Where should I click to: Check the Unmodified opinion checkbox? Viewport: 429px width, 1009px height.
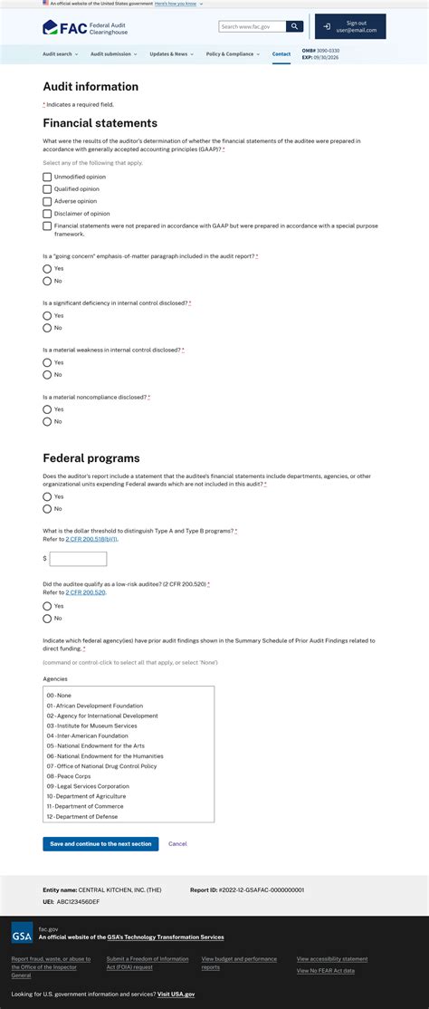pos(47,177)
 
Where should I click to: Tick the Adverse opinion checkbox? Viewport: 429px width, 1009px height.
pos(47,201)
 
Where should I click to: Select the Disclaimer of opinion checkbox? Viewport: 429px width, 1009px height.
pos(47,214)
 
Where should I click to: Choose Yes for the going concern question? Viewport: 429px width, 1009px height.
pos(47,269)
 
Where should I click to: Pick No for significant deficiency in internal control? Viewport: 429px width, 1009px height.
pos(47,328)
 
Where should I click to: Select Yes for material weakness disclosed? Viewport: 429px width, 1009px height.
pos(47,362)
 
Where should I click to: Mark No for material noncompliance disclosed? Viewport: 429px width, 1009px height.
pos(47,421)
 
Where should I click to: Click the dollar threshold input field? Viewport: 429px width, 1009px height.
pos(78,559)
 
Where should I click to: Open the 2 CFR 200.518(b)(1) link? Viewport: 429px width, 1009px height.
pos(91,539)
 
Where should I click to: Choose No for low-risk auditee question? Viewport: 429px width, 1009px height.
pos(47,619)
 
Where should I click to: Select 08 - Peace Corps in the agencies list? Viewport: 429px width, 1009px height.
pos(72,776)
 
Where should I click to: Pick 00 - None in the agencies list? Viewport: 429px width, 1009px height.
pos(59,696)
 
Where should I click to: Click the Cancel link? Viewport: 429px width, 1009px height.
pos(177,843)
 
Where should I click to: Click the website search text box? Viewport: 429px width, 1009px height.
pos(252,27)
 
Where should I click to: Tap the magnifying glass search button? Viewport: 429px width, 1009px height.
pos(294,27)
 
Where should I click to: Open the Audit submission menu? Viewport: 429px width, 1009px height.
pos(113,54)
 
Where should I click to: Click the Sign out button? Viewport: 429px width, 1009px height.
pos(350,26)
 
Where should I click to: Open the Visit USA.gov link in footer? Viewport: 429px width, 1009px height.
pos(176,995)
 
